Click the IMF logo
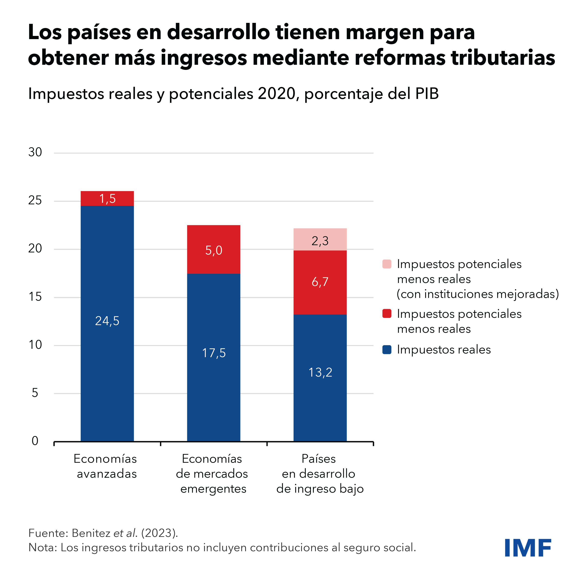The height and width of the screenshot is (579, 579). coord(528,548)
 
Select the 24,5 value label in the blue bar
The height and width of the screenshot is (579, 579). coord(107,321)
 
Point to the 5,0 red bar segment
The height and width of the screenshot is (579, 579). coord(214,250)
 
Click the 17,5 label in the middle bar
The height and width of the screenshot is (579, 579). coord(214,353)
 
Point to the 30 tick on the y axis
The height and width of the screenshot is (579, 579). coord(35,153)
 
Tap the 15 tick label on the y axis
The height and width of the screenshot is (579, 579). coord(35,297)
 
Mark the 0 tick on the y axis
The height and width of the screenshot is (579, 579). coord(35,441)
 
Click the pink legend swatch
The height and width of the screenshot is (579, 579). coord(387,264)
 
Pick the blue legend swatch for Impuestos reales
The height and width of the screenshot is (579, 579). coord(387,350)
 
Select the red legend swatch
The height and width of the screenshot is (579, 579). coord(387,314)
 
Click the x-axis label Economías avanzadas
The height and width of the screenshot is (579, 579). coord(106,466)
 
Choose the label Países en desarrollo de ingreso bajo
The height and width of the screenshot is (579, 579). coord(320,474)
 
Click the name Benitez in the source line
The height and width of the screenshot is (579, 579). coord(91,533)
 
